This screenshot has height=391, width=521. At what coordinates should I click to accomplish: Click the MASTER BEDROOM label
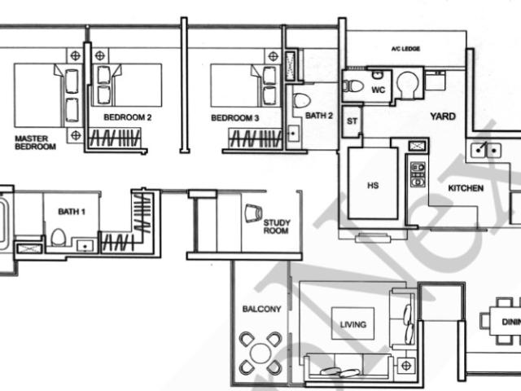coord(35,143)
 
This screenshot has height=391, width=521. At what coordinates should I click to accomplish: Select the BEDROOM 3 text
coord(234,118)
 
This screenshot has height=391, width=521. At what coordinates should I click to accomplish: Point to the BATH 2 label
coord(319,116)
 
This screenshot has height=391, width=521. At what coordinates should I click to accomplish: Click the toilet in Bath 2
coord(301,101)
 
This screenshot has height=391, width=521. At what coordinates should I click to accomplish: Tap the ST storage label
coord(352,121)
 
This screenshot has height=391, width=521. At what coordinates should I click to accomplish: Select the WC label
coord(378,89)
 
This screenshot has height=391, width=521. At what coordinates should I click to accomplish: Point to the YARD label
coord(443,117)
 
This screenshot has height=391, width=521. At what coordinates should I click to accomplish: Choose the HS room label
coord(373,186)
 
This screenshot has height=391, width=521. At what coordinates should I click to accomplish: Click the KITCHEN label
coord(466,188)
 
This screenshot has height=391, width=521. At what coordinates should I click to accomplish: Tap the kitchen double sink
coord(485,149)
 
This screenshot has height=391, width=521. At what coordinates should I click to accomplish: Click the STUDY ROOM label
coord(277,226)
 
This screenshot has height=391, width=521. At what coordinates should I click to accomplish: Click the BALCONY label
coord(261,310)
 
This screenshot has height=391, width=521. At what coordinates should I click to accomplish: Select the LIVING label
coord(352,324)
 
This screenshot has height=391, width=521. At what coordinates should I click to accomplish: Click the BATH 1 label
coord(70,212)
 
